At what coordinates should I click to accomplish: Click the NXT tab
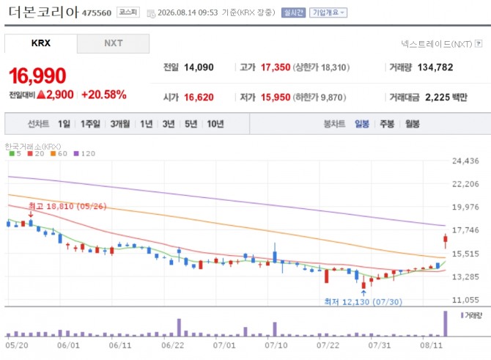pos(113,43)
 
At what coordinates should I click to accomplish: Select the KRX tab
pos(41,43)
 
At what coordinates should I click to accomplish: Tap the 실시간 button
pos(293,12)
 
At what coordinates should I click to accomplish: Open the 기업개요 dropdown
pos(328,12)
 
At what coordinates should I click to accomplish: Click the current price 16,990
pos(37,76)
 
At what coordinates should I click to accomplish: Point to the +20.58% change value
pos(104,95)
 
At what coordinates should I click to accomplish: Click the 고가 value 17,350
pos(276,67)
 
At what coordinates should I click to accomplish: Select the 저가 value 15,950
pos(276,98)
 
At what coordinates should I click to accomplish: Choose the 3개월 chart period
pos(120,124)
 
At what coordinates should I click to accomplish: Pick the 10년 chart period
pos(215,124)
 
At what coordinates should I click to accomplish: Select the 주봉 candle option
pos(387,124)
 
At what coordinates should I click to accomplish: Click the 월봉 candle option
pos(412,124)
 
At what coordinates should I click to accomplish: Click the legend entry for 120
pos(84,153)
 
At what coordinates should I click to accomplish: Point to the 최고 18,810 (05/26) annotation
pos(67,206)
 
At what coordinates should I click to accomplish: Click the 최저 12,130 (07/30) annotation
pos(363,302)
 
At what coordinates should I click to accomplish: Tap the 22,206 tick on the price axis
pos(465,184)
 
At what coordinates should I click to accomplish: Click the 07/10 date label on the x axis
pos(276,345)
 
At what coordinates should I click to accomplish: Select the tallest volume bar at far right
pos(446,323)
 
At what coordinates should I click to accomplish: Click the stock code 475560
pos(97,13)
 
